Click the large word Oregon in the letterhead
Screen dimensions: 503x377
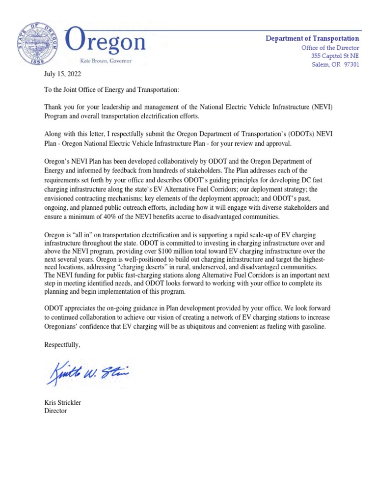pyautogui.click(x=106, y=42)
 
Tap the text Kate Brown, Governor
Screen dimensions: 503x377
pyautogui.click(x=107, y=61)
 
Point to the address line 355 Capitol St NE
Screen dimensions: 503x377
pyautogui.click(x=335, y=56)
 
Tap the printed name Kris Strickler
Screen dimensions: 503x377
pyautogui.click(x=63, y=403)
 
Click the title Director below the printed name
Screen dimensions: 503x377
pyautogui.click(x=55, y=411)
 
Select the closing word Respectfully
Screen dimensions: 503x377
pyautogui.click(x=62, y=345)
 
